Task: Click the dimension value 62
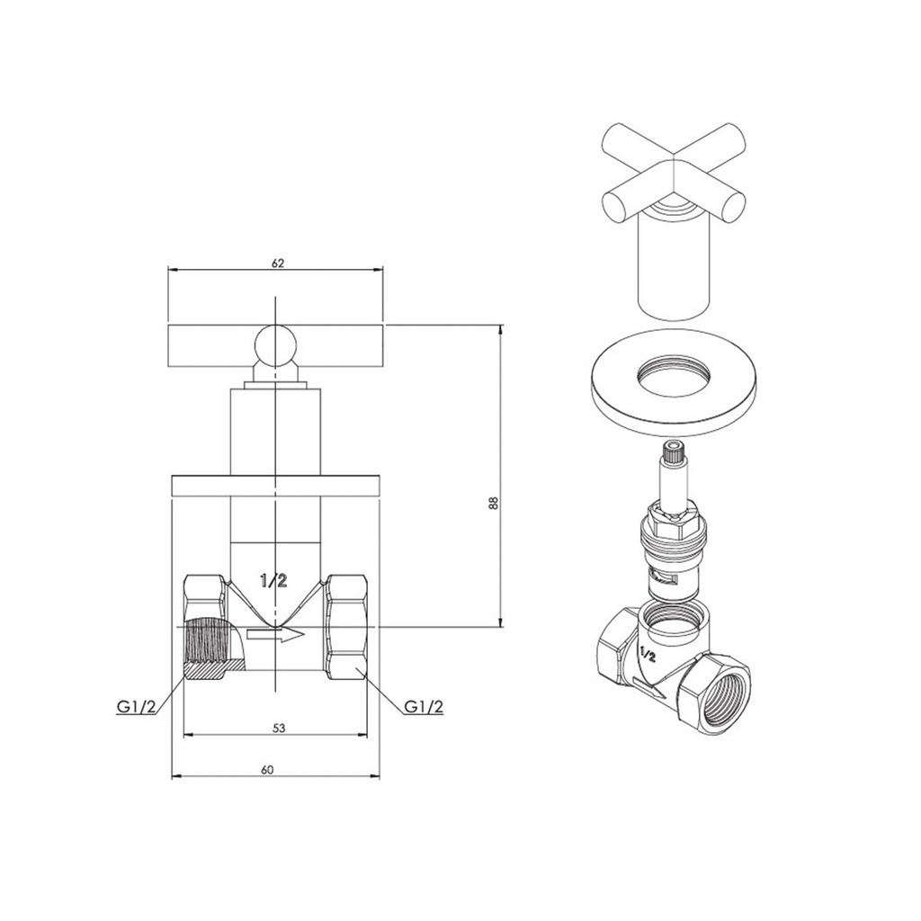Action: click(x=278, y=264)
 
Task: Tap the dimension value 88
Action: click(x=494, y=503)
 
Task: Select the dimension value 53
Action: click(x=279, y=729)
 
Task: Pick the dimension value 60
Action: click(x=267, y=770)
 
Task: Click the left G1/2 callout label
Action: click(x=136, y=707)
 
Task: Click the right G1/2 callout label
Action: click(x=424, y=707)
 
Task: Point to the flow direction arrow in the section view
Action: click(x=276, y=634)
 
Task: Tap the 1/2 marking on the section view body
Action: click(x=273, y=581)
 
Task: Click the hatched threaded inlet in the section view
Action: click(x=207, y=644)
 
